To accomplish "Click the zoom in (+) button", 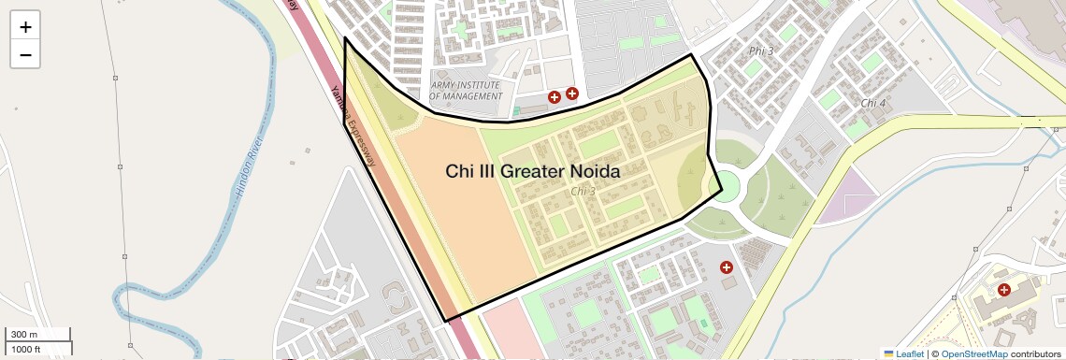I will pyautogui.click(x=25, y=27).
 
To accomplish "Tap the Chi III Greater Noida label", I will pyautogui.click(x=532, y=171).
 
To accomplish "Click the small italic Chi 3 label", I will pyautogui.click(x=583, y=192).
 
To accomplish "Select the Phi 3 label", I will pyautogui.click(x=762, y=50).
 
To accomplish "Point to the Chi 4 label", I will pyautogui.click(x=873, y=103).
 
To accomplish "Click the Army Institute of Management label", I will pyautogui.click(x=466, y=90).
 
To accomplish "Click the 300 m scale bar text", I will pyautogui.click(x=23, y=335).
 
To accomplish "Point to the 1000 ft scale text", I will pyautogui.click(x=25, y=349).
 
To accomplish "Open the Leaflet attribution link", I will pyautogui.click(x=909, y=353).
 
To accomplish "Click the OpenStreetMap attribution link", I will pyautogui.click(x=973, y=353).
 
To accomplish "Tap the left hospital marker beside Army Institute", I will pyautogui.click(x=555, y=96).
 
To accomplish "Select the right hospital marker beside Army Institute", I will pyautogui.click(x=571, y=94).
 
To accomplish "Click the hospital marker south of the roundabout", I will pyautogui.click(x=726, y=267).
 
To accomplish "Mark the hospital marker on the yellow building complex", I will pyautogui.click(x=1003, y=290).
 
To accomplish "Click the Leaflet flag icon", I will pyautogui.click(x=888, y=353).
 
